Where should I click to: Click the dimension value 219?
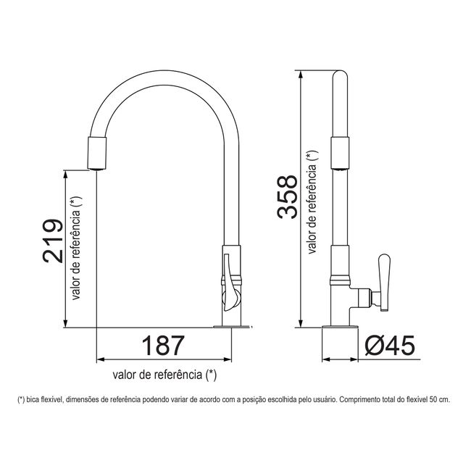pos(53,241)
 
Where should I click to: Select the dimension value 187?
pos(163,346)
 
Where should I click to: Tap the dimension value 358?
pos(287,196)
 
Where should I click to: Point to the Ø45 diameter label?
pos(390,346)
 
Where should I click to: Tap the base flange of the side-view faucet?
pos(340,327)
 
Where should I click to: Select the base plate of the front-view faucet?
pos(232,327)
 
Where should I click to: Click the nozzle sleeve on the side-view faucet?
pos(340,153)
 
